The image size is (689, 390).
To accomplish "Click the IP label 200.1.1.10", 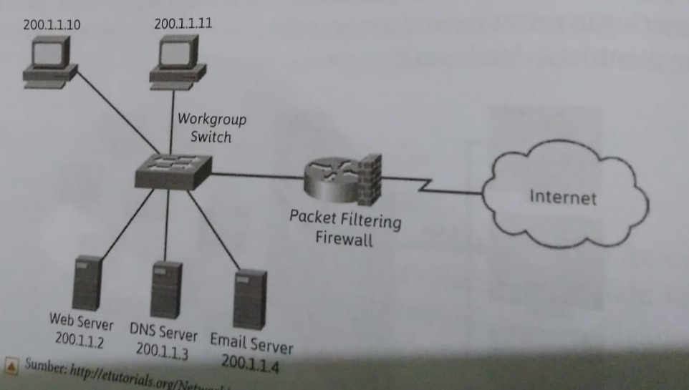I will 52,24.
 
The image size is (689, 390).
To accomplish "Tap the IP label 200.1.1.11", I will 183,23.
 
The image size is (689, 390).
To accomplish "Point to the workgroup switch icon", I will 173,170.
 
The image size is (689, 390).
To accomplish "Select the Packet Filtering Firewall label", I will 344,227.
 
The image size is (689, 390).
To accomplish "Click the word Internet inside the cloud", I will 562,197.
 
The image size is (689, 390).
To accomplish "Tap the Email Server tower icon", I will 251,298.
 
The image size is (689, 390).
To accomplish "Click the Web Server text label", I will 81,320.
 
